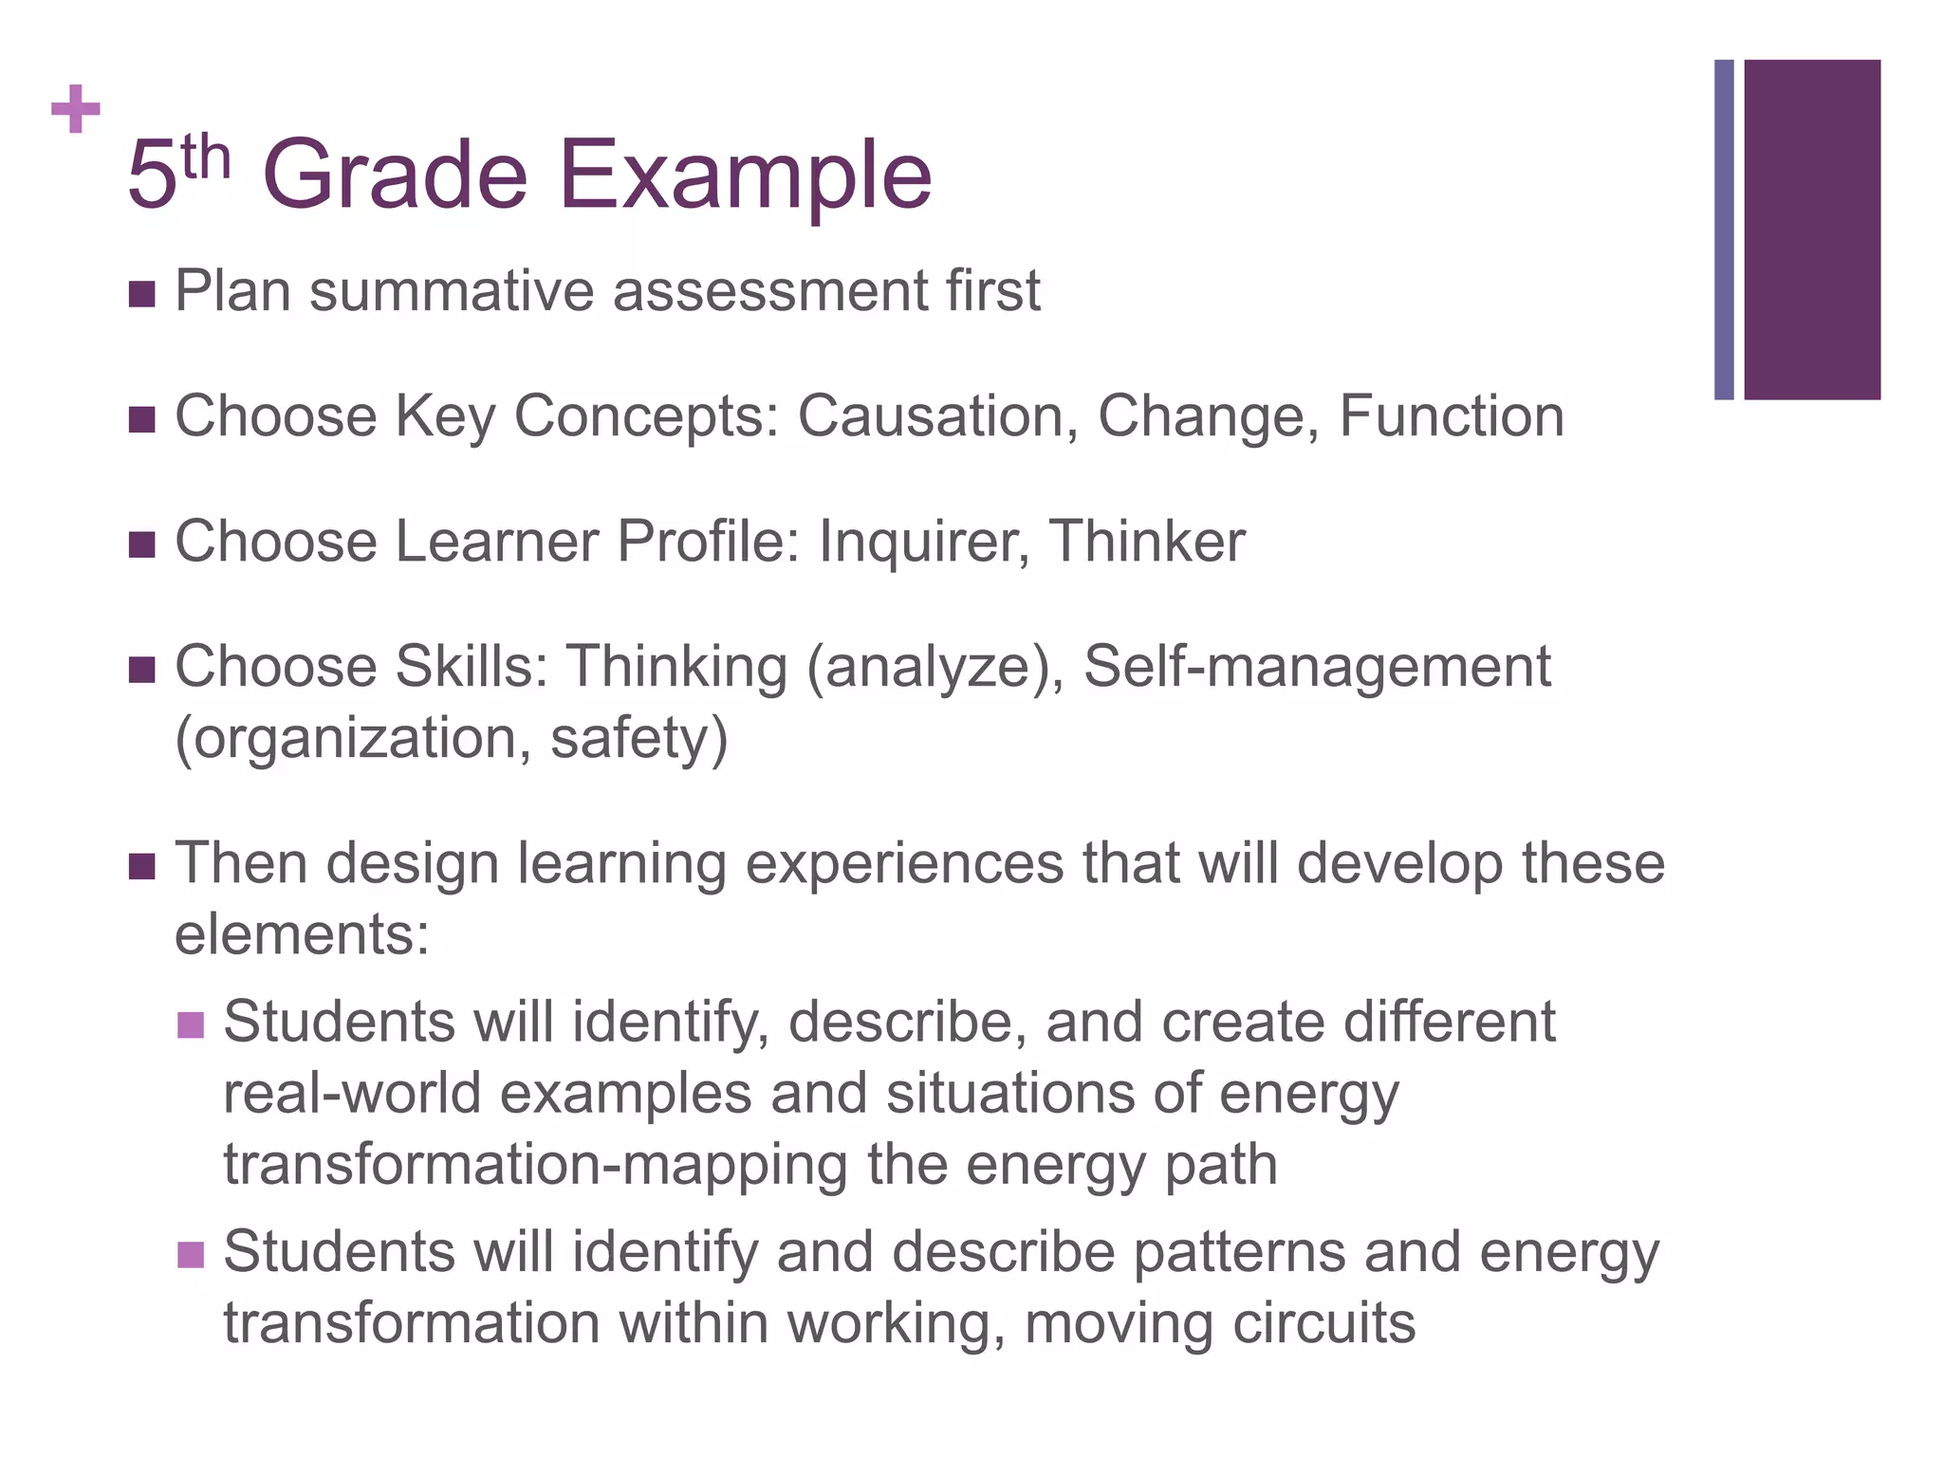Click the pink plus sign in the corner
point(76,110)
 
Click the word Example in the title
point(745,176)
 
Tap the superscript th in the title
point(206,157)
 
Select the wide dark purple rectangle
point(1811,230)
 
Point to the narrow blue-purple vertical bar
point(1724,230)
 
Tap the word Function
point(1451,416)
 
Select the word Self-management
point(1317,667)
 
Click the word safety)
point(638,739)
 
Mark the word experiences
point(904,864)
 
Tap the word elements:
point(303,934)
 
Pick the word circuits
point(1323,1323)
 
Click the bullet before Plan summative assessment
point(141,294)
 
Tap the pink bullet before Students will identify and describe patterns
point(191,1255)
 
